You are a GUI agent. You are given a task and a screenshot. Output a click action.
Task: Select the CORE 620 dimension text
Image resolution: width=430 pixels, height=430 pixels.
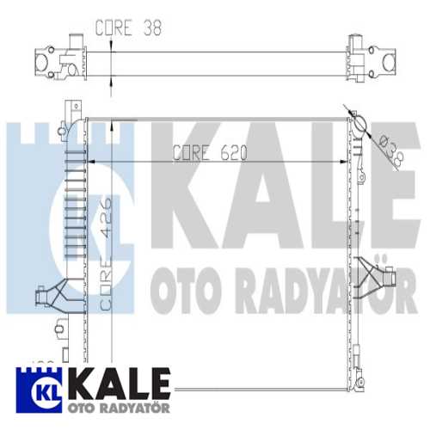[211, 154]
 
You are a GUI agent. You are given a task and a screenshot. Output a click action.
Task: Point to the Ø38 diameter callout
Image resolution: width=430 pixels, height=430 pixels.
[386, 150]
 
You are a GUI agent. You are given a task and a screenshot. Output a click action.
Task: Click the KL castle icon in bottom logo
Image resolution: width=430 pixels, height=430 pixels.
[35, 386]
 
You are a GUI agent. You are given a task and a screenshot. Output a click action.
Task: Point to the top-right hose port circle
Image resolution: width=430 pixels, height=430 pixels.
[359, 120]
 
